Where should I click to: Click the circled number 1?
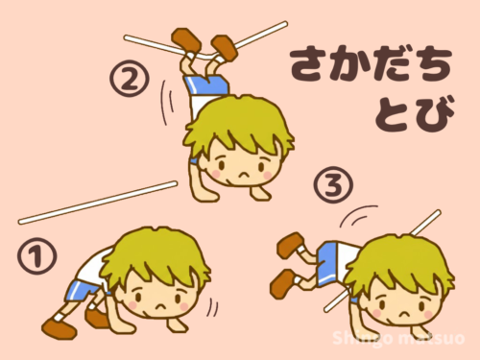(x=36, y=258)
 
